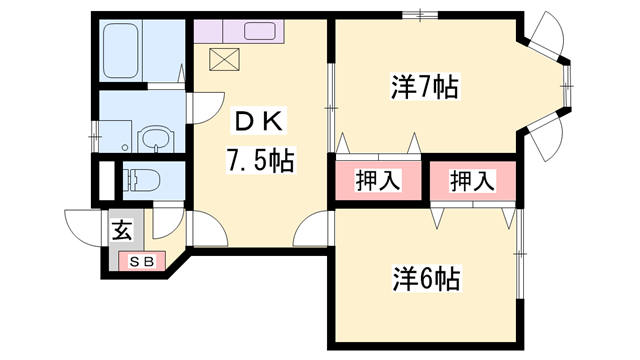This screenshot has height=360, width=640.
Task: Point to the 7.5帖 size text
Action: (x=260, y=159)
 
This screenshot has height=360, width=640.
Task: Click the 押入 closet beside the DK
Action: (x=379, y=182)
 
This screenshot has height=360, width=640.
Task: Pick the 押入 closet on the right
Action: (x=472, y=182)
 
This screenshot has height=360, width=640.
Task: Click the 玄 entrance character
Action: (x=121, y=232)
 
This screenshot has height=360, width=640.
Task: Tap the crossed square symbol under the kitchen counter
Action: (x=224, y=59)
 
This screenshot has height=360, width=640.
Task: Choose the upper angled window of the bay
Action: (x=548, y=38)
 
